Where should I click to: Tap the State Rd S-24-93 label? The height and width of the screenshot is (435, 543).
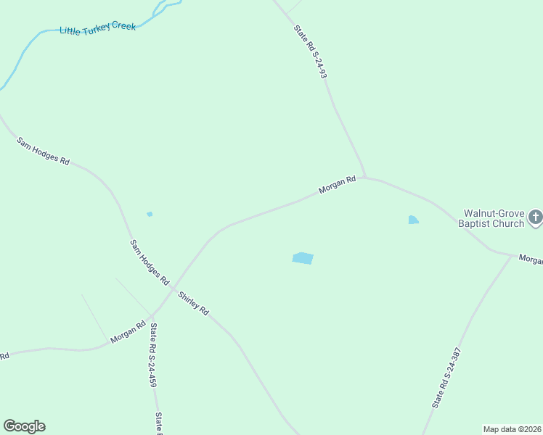pyautogui.click(x=311, y=52)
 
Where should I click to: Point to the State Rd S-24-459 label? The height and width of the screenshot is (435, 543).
pyautogui.click(x=153, y=355)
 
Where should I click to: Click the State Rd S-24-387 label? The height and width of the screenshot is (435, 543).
pyautogui.click(x=446, y=377)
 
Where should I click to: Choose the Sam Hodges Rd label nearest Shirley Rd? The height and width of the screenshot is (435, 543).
pyautogui.click(x=149, y=262)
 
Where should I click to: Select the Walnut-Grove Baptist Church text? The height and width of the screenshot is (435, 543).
pyautogui.click(x=491, y=218)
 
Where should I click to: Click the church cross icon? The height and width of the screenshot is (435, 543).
pyautogui.click(x=535, y=217)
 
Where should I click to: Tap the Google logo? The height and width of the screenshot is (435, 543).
pyautogui.click(x=24, y=426)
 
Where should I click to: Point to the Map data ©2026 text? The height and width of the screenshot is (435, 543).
pyautogui.click(x=512, y=429)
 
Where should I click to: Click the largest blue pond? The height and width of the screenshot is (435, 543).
pyautogui.click(x=303, y=258)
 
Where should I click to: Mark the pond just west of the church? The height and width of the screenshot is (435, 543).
pyautogui.click(x=413, y=220)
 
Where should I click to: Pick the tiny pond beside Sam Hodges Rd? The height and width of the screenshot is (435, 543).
pyautogui.click(x=150, y=214)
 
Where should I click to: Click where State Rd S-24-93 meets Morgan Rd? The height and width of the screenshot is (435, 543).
pyautogui.click(x=365, y=177)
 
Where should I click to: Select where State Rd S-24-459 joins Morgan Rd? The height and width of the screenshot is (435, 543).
pyautogui.click(x=152, y=317)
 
